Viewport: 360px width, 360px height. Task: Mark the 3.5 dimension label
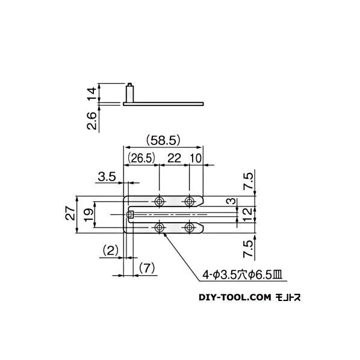click(x=107, y=176)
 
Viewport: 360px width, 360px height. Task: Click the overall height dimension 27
click(x=71, y=213)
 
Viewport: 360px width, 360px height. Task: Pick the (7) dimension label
click(x=147, y=266)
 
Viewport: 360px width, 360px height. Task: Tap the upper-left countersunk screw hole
click(x=159, y=201)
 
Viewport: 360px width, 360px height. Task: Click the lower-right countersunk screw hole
click(x=190, y=227)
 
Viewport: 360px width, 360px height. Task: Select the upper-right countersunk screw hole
click(x=190, y=201)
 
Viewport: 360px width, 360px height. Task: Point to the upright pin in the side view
click(x=129, y=93)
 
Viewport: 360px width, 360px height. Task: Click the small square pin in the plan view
click(x=131, y=214)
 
